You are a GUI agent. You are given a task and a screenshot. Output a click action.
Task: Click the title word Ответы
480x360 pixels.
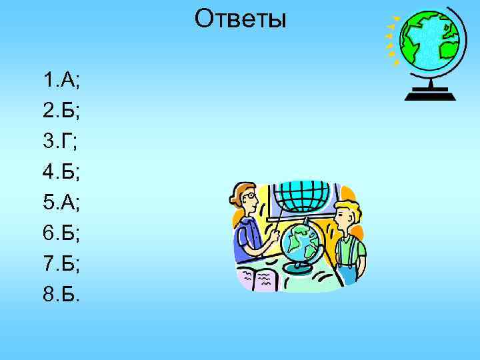click(240, 20)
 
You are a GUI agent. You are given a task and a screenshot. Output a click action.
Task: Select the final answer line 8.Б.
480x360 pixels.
click(60, 295)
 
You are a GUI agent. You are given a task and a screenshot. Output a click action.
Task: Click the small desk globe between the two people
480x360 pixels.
click(299, 243)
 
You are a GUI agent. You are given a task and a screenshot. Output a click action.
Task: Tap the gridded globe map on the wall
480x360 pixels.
click(303, 194)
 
